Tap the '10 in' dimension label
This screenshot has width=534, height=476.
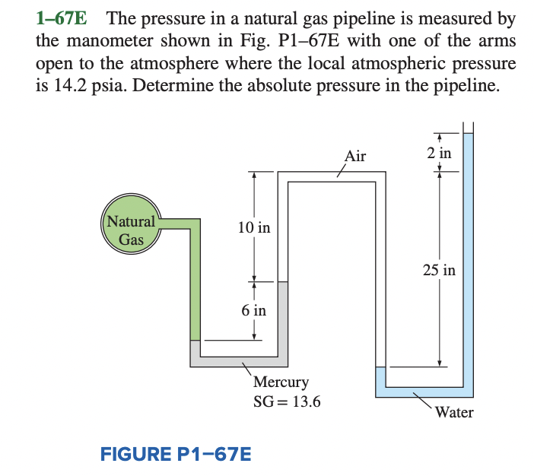[x=253, y=227]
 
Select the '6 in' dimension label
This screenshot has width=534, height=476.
[x=253, y=310]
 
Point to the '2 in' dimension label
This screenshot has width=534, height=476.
[x=439, y=153]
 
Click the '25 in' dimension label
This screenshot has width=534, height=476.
[x=439, y=270]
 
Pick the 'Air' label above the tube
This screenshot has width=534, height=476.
[x=355, y=157]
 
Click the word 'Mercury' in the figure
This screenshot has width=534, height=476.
[x=281, y=382]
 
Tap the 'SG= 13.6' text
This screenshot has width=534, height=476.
[x=287, y=401]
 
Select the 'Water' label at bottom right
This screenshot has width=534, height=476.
[x=454, y=412]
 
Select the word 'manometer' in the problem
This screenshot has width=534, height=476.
[x=101, y=40]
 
